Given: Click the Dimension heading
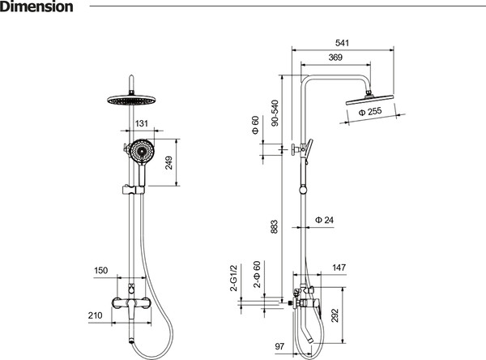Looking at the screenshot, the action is click(x=36, y=6).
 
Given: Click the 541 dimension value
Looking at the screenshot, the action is click(x=342, y=43).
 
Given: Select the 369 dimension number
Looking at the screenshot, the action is click(x=335, y=58).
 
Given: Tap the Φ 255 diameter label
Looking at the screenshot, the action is click(x=370, y=111).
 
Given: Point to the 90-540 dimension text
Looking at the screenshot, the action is click(x=275, y=113).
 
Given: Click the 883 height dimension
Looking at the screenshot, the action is click(x=275, y=227).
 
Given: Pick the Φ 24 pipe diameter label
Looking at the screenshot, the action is click(x=324, y=220).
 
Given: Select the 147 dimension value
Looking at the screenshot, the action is click(x=339, y=268).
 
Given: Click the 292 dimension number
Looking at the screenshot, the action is click(x=335, y=315).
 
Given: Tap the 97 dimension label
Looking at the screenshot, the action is click(x=279, y=346).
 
